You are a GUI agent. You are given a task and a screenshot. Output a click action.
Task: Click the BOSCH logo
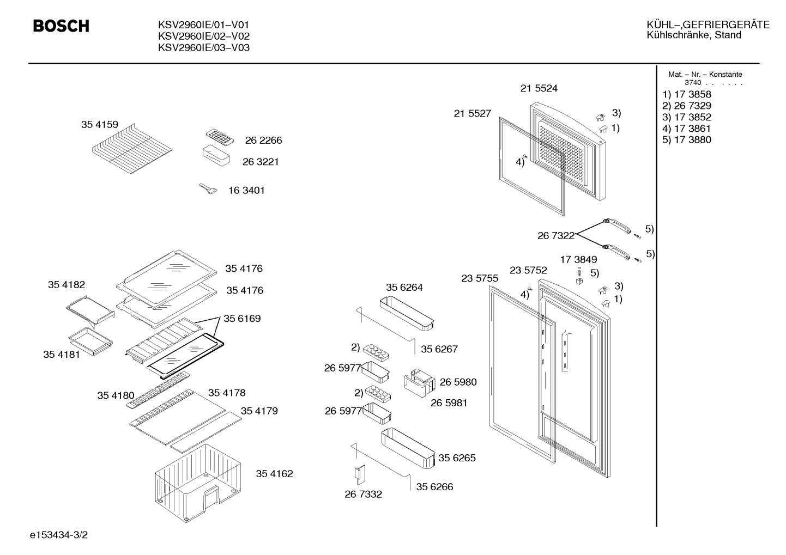[x=61, y=26]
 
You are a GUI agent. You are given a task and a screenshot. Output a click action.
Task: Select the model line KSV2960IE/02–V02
[x=203, y=36]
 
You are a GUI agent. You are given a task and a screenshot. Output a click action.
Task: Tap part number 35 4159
[x=100, y=125]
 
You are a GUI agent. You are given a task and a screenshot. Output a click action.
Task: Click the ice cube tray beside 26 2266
[x=220, y=137]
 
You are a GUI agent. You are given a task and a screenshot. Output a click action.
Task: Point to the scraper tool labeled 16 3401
[x=208, y=189]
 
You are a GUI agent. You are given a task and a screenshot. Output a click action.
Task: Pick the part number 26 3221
[x=261, y=162]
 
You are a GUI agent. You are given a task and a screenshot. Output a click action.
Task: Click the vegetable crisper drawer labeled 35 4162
[x=198, y=483]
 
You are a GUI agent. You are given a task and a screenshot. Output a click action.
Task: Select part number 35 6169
[x=242, y=319]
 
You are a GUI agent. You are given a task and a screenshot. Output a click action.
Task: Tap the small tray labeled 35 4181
[x=90, y=341]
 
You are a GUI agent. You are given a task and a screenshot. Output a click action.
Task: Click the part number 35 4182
[x=66, y=285]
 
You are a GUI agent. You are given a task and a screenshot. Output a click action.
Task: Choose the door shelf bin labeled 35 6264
[x=407, y=313]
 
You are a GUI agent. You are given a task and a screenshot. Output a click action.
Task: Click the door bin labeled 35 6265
[x=408, y=448]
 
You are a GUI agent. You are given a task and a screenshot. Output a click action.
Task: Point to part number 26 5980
[x=458, y=382]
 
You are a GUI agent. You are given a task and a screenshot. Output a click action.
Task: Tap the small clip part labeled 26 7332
[x=360, y=475]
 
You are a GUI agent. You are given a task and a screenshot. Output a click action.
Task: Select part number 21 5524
[x=539, y=88]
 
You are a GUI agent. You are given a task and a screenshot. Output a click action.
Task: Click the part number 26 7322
[x=556, y=236]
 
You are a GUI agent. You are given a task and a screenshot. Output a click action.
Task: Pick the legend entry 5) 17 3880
[x=687, y=140]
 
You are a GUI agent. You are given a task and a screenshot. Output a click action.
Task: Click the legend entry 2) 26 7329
[x=687, y=106]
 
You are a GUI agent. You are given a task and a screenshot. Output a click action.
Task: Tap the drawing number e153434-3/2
[x=59, y=535]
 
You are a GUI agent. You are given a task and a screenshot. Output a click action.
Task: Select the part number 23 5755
[x=480, y=278]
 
